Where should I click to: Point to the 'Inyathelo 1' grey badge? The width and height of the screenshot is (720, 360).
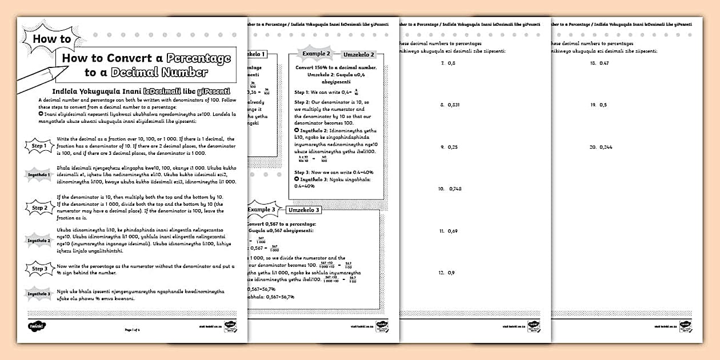(39, 174)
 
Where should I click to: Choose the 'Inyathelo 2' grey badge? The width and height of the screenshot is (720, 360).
(39, 241)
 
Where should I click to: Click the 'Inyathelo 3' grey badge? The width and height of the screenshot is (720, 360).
(39, 294)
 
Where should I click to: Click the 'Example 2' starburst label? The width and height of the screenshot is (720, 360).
(317, 54)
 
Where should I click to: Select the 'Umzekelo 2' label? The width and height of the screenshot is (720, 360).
(359, 55)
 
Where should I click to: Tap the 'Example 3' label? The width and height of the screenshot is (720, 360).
(262, 209)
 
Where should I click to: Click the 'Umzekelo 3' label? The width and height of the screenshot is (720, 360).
(304, 210)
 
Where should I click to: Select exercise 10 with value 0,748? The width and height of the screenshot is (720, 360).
(450, 189)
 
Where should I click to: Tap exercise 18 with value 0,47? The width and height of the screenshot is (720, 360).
(599, 63)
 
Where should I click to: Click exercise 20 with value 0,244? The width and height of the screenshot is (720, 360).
(601, 147)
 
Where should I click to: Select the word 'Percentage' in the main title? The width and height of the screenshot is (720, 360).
(198, 58)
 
